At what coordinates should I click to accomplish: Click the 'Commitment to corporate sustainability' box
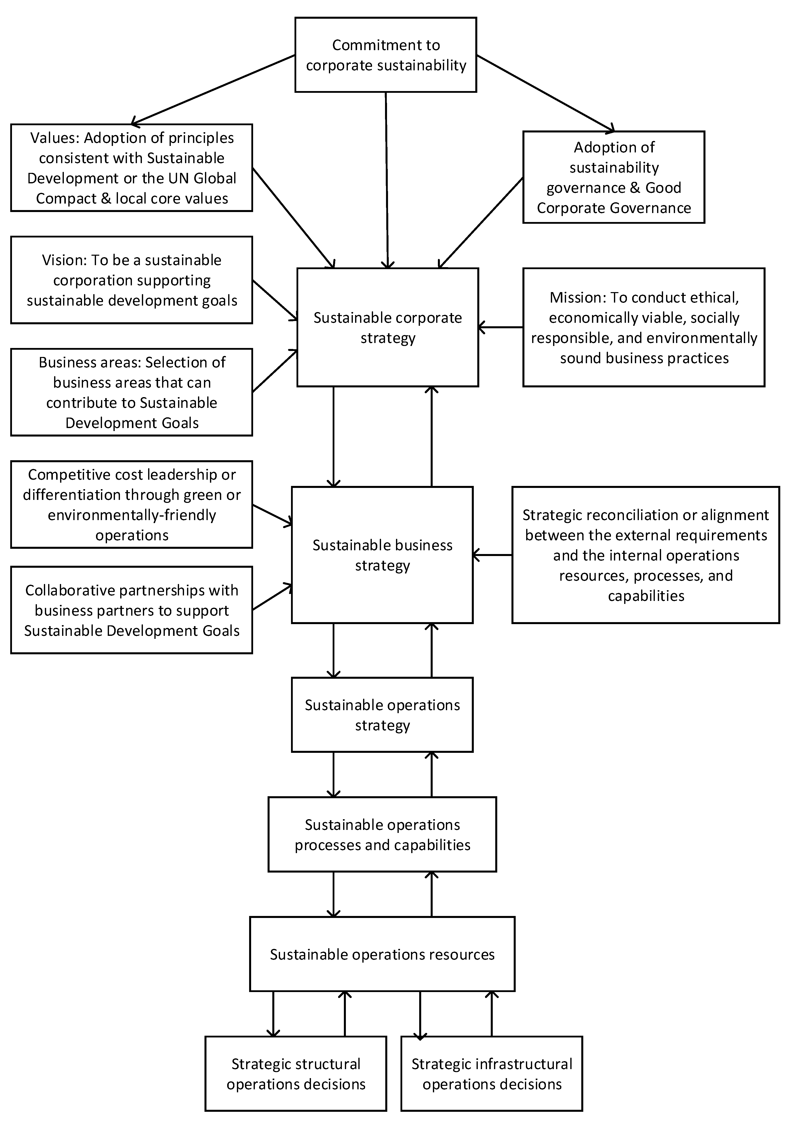[x=386, y=55]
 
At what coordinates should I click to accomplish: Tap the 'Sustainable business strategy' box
[x=382, y=555]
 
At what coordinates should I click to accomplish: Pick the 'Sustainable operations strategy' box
[x=382, y=715]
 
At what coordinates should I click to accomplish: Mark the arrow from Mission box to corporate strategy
[x=500, y=327]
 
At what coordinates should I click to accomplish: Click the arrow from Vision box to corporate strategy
[x=275, y=300]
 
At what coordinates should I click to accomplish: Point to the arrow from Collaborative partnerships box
[x=272, y=597]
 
